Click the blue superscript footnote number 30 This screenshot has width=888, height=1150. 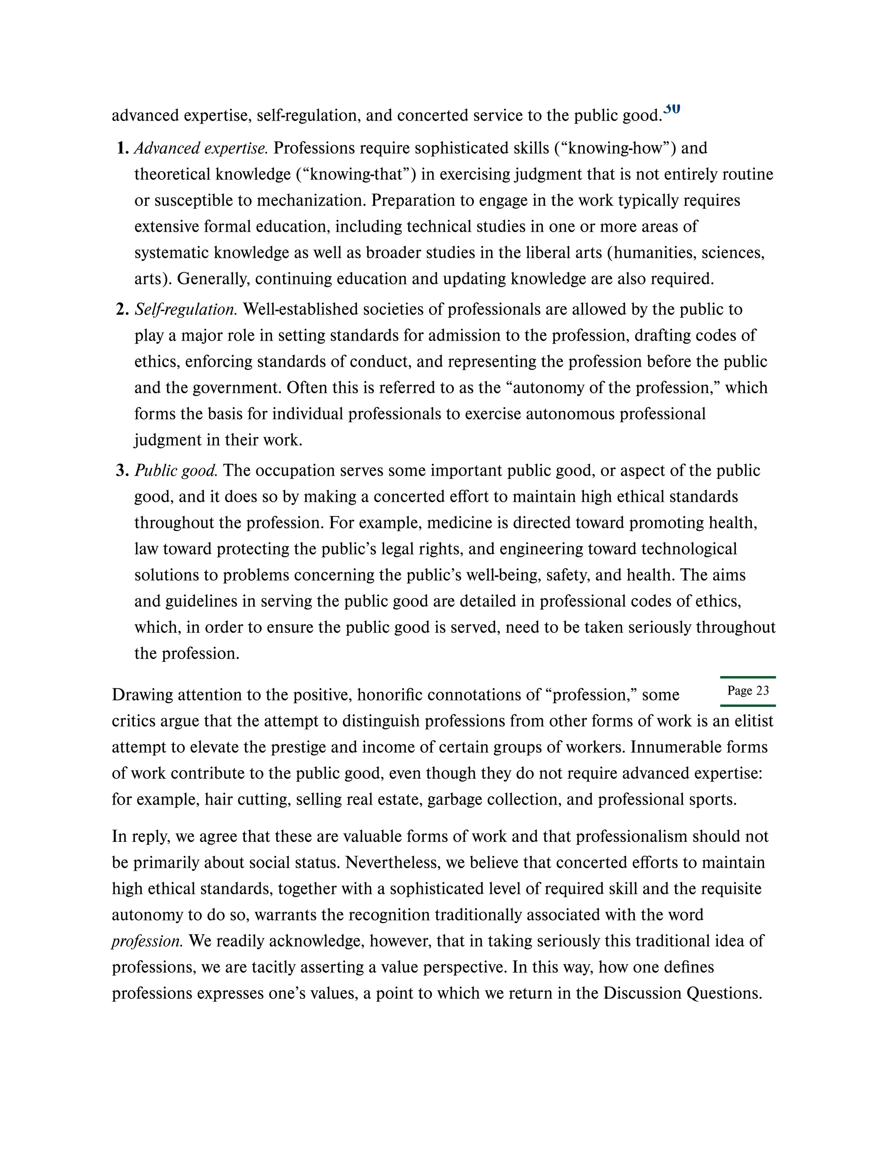(x=672, y=108)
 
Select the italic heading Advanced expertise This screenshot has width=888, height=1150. (x=201, y=148)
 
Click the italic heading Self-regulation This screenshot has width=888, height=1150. (x=186, y=309)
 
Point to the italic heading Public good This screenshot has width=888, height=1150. (x=176, y=471)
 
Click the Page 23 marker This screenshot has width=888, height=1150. (x=748, y=691)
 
